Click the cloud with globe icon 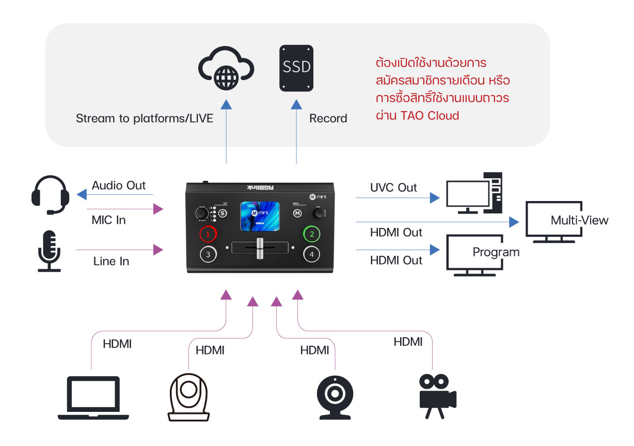226,68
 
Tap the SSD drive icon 296,68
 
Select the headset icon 50,195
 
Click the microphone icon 50,251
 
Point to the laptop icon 93,397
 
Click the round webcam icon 335,396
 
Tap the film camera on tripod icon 436,396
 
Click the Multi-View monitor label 579,221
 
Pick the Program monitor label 496,252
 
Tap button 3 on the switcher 208,254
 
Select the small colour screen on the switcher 260,217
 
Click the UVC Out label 393,188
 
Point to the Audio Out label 119,185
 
